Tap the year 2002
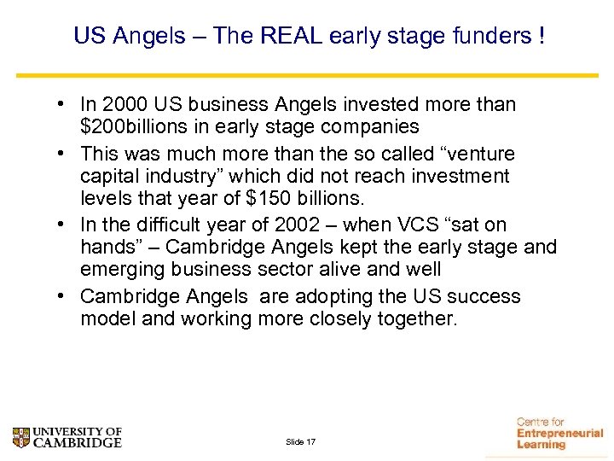click(x=297, y=225)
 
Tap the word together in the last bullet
click(x=415, y=319)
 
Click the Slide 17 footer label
click(x=301, y=442)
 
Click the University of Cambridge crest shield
click(x=20, y=438)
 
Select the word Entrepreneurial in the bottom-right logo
click(x=559, y=434)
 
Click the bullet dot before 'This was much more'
click(x=64, y=155)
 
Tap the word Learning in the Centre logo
click(x=542, y=445)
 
